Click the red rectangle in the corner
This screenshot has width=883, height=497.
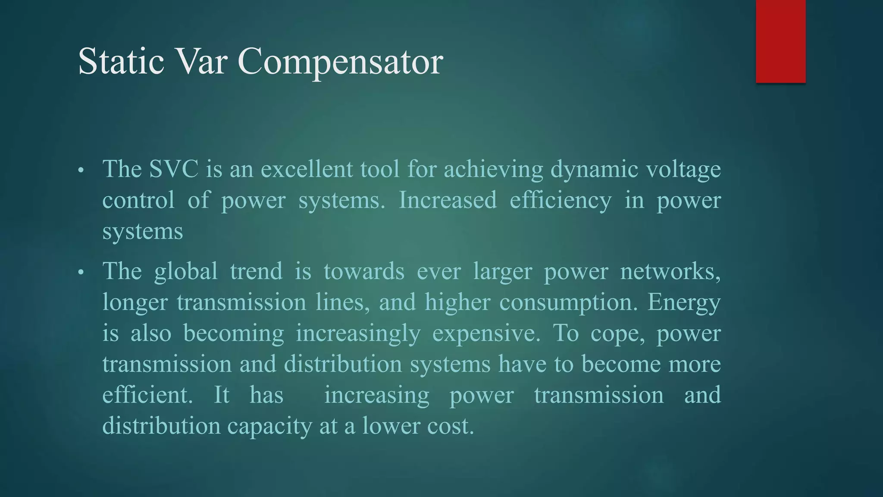[780, 41]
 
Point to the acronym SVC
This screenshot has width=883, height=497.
[174, 169]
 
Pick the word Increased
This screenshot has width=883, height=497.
[448, 200]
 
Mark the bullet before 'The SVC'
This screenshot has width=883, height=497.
[81, 170]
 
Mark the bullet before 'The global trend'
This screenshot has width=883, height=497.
[81, 273]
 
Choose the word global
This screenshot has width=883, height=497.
[186, 272]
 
